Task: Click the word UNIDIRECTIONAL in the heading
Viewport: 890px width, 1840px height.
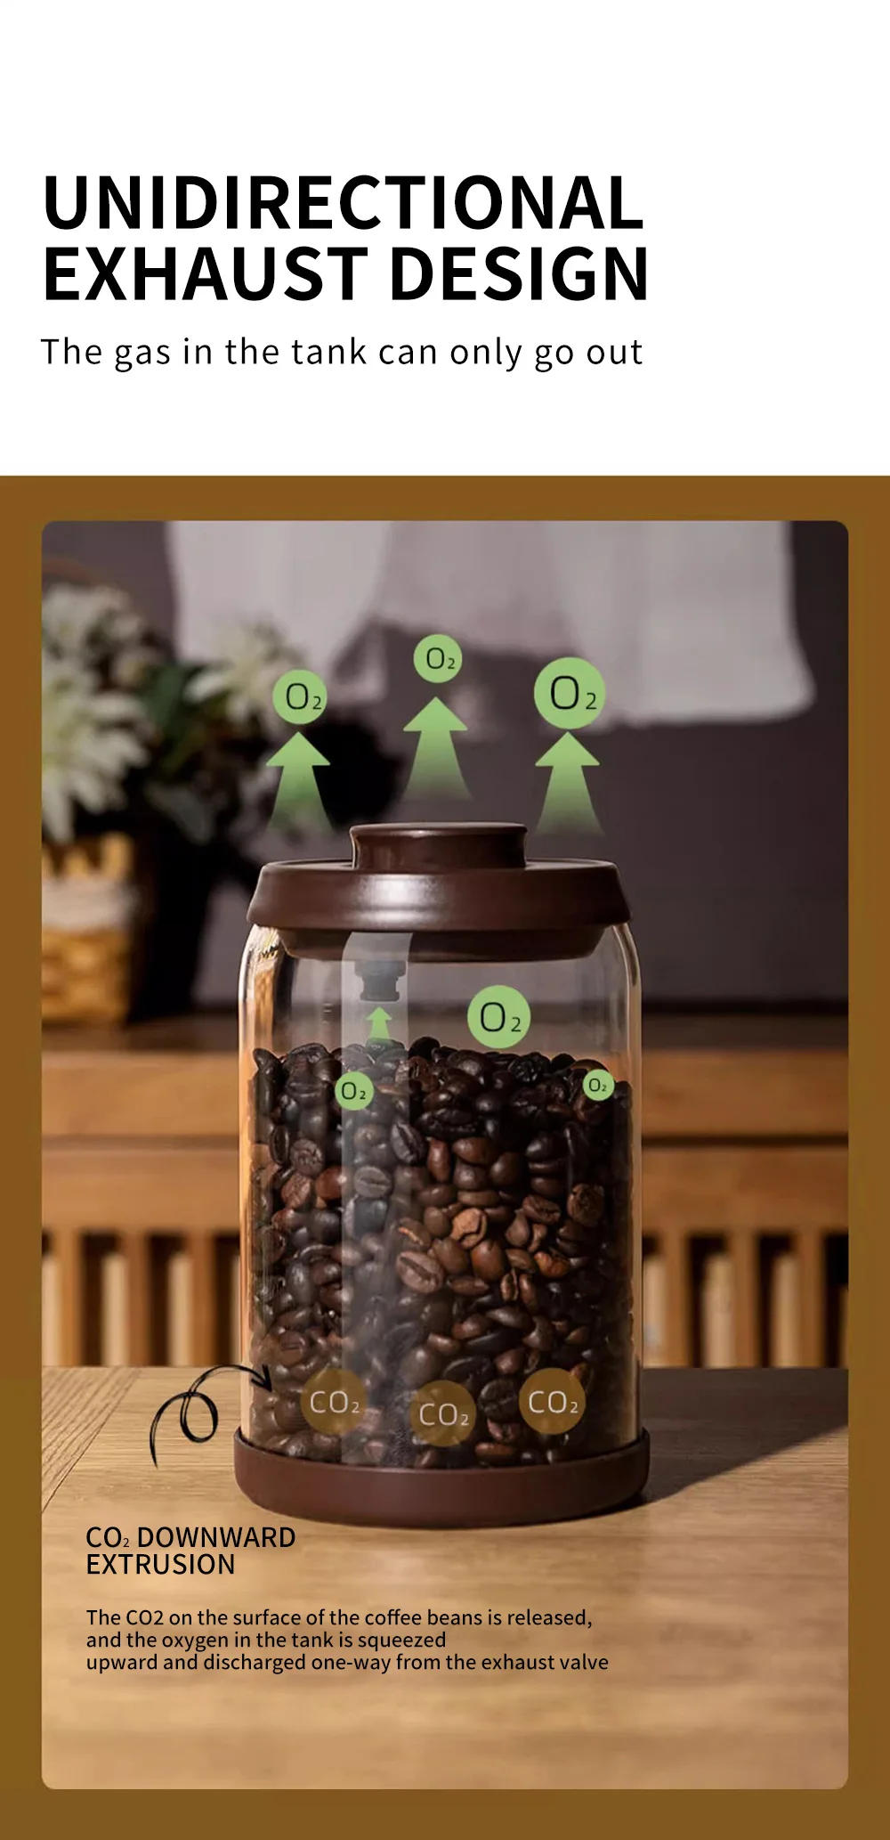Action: pyautogui.click(x=343, y=202)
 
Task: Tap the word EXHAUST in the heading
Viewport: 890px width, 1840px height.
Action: pyautogui.click(x=206, y=273)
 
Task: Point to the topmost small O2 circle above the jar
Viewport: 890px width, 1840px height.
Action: pyautogui.click(x=437, y=659)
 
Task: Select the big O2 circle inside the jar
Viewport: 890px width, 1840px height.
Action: pyautogui.click(x=498, y=1016)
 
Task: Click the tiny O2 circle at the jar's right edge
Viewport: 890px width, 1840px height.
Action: pyautogui.click(x=598, y=1085)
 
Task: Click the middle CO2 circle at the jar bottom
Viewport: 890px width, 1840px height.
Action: pyautogui.click(x=442, y=1413)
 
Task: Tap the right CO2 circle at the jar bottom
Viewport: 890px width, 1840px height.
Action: pyautogui.click(x=552, y=1403)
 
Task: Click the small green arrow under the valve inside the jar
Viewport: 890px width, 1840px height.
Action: pyautogui.click(x=380, y=1023)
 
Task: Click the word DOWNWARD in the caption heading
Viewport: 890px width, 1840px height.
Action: pyautogui.click(x=216, y=1537)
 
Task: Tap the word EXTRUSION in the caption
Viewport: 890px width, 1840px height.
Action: pyautogui.click(x=160, y=1564)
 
